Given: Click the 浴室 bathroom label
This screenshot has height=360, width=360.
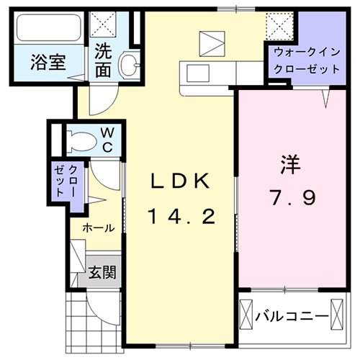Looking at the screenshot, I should [x=48, y=63].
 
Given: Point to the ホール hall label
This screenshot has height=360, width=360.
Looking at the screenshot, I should [x=98, y=228].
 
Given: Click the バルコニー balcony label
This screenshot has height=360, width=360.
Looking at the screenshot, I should [x=287, y=315].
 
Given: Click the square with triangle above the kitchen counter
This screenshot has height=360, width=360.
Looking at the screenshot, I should [x=212, y=42].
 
